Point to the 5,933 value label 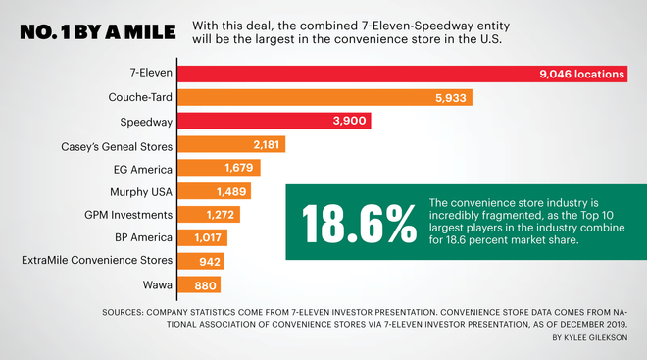point(452,97)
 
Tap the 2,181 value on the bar point(268,145)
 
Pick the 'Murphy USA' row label point(139,190)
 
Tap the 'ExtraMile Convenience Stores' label point(98,260)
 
